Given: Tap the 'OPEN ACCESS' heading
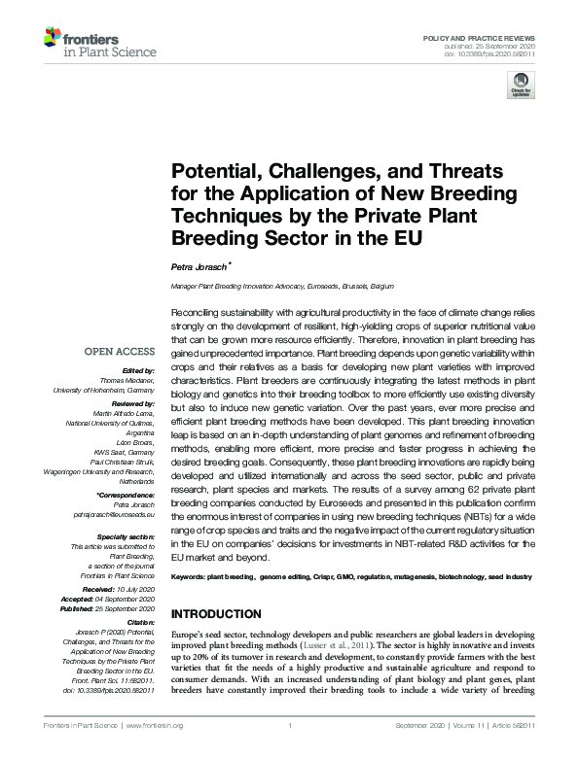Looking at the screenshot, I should (x=121, y=353).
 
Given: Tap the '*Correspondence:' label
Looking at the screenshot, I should (x=127, y=495).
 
